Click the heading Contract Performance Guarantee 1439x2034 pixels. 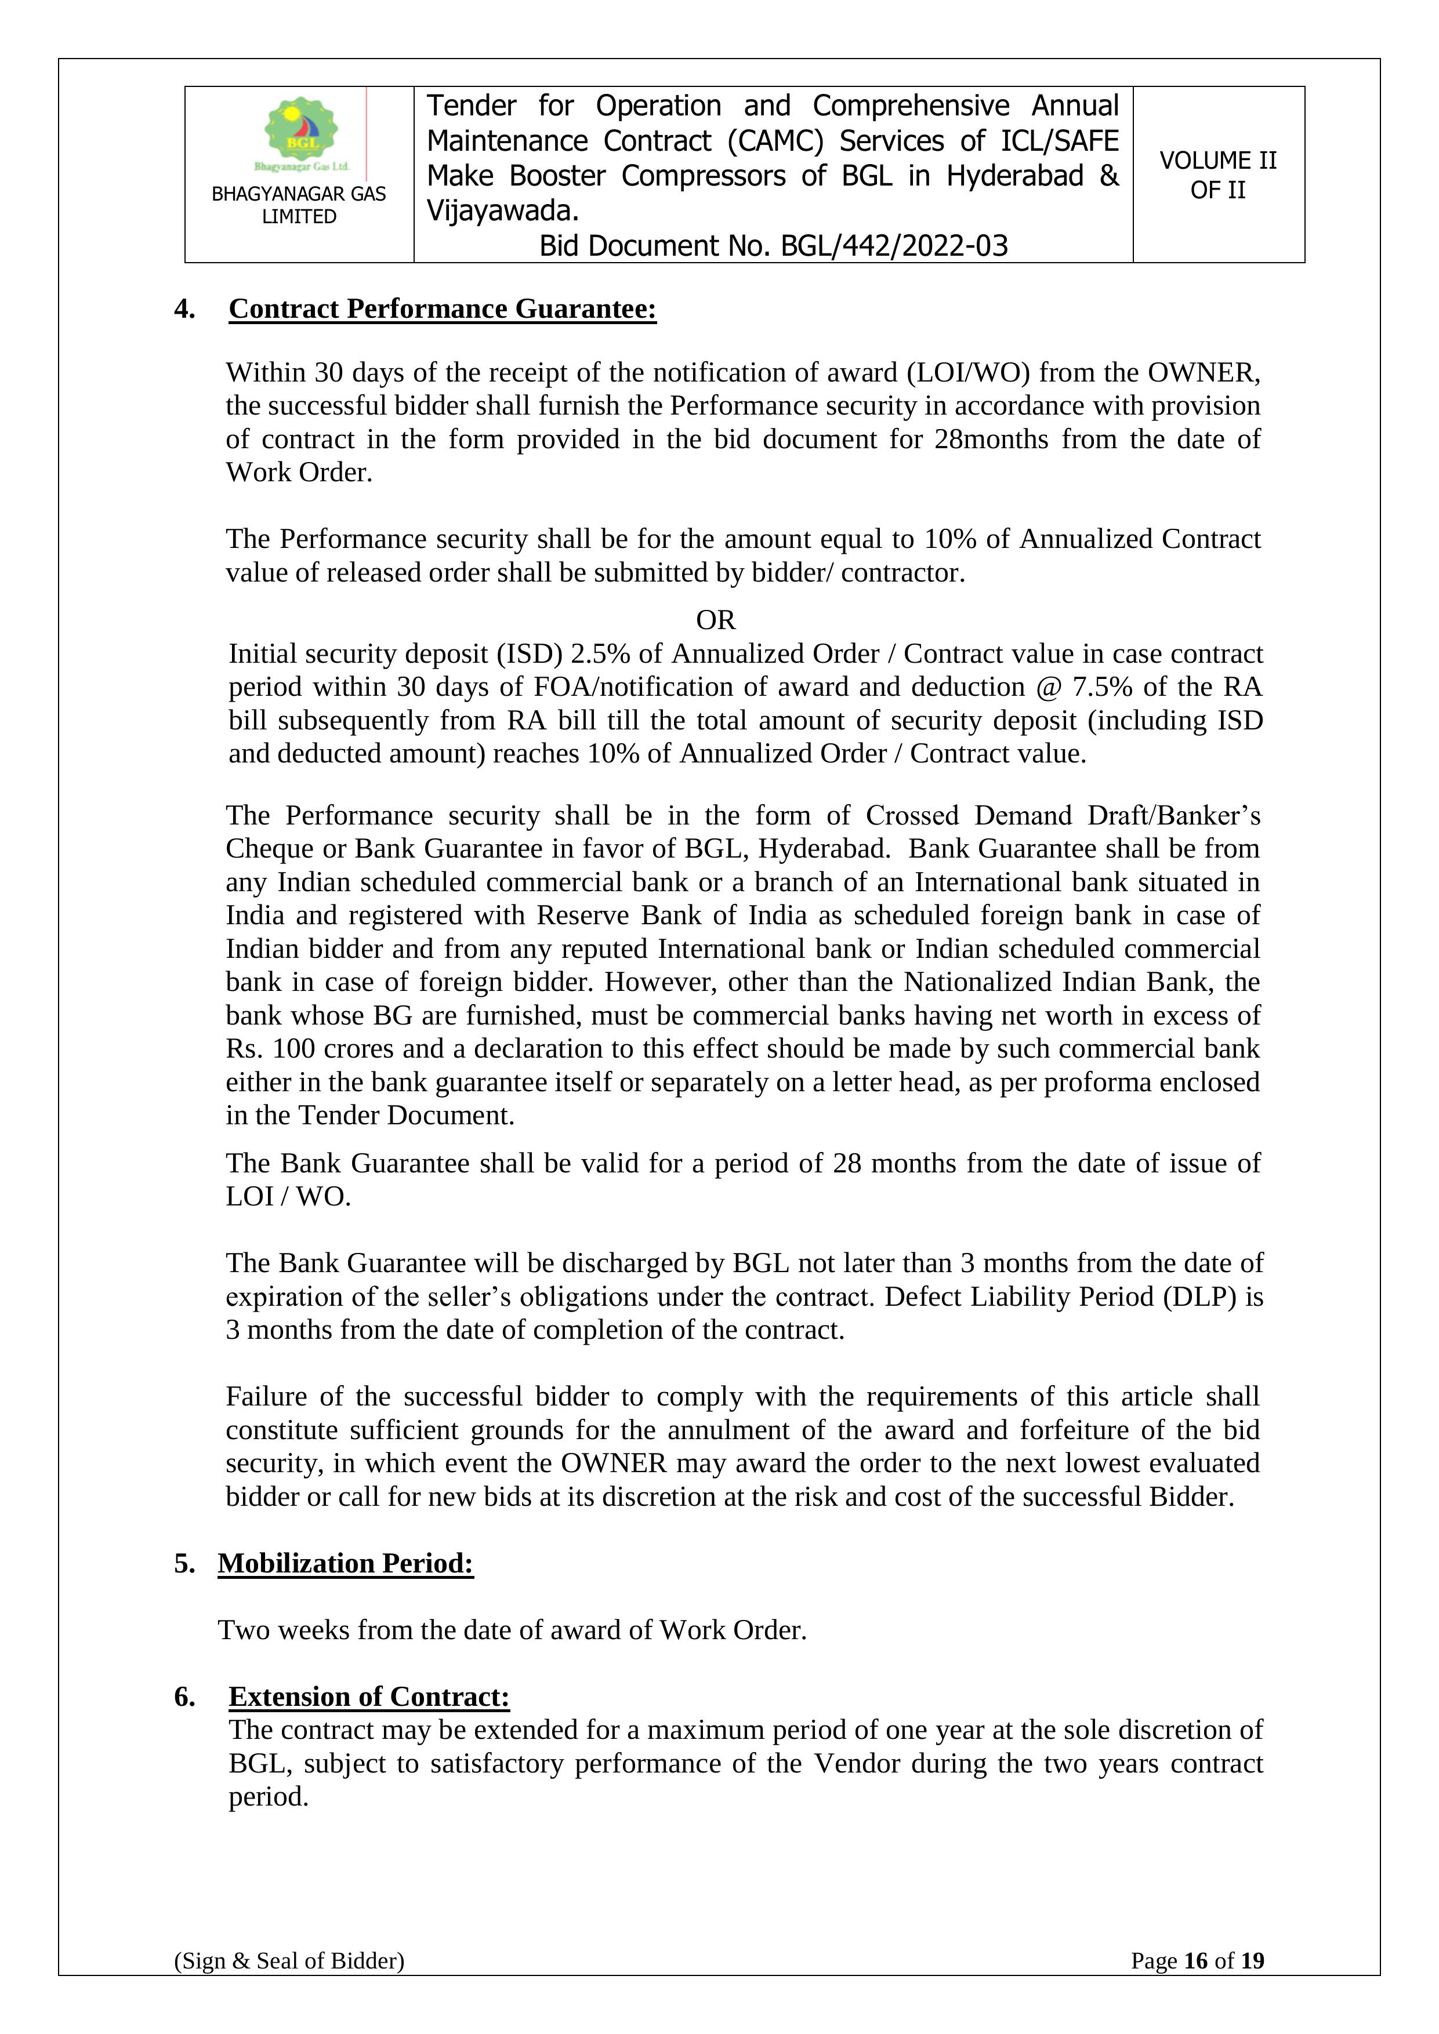(x=442, y=308)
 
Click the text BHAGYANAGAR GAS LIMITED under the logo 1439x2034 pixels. (x=299, y=205)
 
